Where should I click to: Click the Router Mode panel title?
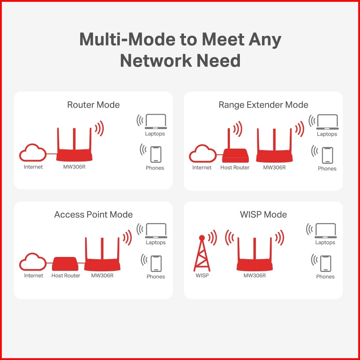pyautogui.click(x=93, y=105)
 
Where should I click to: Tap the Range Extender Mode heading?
pyautogui.click(x=263, y=105)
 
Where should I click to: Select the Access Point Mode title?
pyautogui.click(x=93, y=215)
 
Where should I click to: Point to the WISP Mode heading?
pyautogui.click(x=263, y=215)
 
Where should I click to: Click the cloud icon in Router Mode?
pyautogui.click(x=33, y=153)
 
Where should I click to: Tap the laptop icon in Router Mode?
pyautogui.click(x=156, y=122)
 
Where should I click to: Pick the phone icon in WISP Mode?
pyautogui.click(x=326, y=264)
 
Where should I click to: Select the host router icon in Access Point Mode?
pyautogui.click(x=65, y=264)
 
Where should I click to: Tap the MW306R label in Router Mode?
pyautogui.click(x=74, y=167)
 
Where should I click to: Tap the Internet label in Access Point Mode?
pyautogui.click(x=34, y=276)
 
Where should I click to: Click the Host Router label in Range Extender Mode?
pyautogui.click(x=235, y=168)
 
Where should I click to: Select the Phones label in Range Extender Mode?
pyautogui.click(x=327, y=169)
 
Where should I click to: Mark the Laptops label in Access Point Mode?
pyautogui.click(x=156, y=242)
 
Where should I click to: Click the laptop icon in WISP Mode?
pyautogui.click(x=325, y=231)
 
